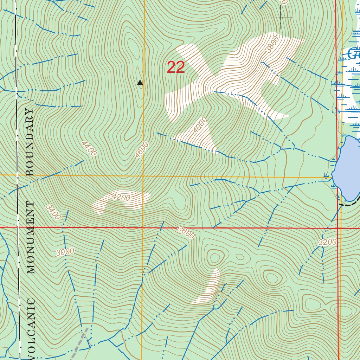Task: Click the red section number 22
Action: coord(176,67)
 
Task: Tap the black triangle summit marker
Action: coord(140,83)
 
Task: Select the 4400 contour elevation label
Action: coord(89,148)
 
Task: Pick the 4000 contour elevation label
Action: coord(200,126)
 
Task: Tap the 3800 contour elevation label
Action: coord(272,45)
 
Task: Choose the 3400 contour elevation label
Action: coord(53,212)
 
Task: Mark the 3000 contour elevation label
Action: coord(65,251)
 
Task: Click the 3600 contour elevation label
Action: coord(186,232)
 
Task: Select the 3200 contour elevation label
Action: coord(328,242)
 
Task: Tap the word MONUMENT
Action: coord(31,238)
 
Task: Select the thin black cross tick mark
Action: coord(280,17)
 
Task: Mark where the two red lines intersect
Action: coord(337,228)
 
